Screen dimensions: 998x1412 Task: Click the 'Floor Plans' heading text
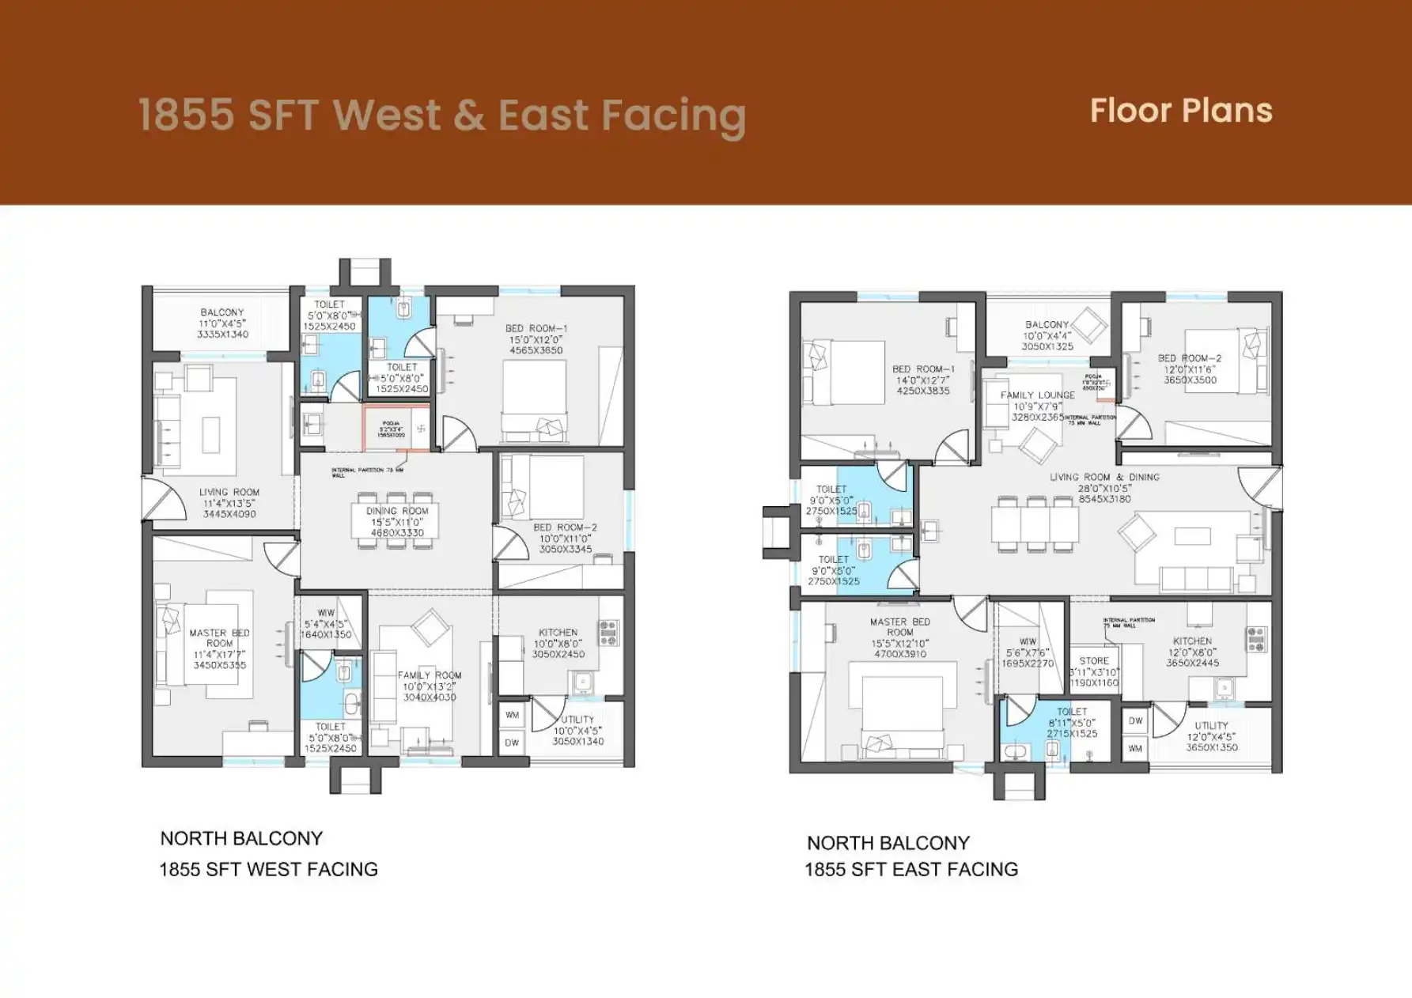click(1180, 111)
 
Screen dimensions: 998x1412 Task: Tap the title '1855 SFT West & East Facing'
click(442, 115)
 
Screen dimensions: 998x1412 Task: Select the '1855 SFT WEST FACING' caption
click(268, 869)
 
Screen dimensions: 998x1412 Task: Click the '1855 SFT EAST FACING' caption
click(910, 869)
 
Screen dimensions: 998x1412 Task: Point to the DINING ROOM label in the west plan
click(397, 511)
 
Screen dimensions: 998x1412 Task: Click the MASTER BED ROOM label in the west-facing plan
click(219, 638)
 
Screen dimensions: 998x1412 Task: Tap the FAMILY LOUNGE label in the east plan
click(1037, 395)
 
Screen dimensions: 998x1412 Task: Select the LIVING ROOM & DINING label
click(1104, 477)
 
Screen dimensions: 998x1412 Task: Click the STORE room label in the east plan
click(1094, 660)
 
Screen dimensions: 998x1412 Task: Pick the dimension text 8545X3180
click(1104, 499)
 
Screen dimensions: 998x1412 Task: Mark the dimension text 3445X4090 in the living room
click(229, 514)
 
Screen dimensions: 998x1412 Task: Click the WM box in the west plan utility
click(513, 715)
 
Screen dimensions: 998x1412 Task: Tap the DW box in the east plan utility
click(1135, 720)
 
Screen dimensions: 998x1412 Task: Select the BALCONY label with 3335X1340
click(222, 312)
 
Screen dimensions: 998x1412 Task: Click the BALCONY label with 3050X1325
click(1047, 325)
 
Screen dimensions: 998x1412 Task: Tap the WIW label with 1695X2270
click(1028, 641)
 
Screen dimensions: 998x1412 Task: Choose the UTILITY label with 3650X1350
click(1211, 725)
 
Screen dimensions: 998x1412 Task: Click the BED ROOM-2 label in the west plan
click(565, 527)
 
